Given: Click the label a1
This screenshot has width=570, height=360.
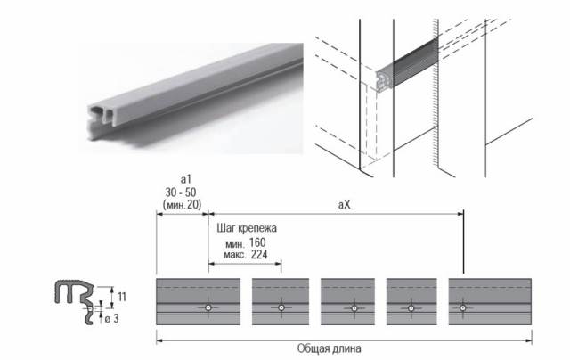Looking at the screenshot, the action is coord(186,179).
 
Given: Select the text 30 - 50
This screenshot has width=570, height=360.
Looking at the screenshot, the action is coord(181,192).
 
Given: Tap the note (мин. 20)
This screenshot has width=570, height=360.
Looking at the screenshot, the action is coord(182,204).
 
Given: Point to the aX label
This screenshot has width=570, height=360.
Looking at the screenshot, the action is coord(345,205).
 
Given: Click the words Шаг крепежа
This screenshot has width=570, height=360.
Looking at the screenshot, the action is coord(247,228).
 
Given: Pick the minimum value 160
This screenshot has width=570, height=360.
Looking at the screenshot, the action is coord(257,242).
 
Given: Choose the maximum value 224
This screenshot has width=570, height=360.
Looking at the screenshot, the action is coord(259,255).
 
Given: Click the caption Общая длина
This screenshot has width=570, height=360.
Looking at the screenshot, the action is coord(330,348).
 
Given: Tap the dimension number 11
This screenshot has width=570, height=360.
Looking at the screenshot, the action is coord(122,297).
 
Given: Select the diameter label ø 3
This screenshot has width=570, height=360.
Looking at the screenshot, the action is coord(111,319).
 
